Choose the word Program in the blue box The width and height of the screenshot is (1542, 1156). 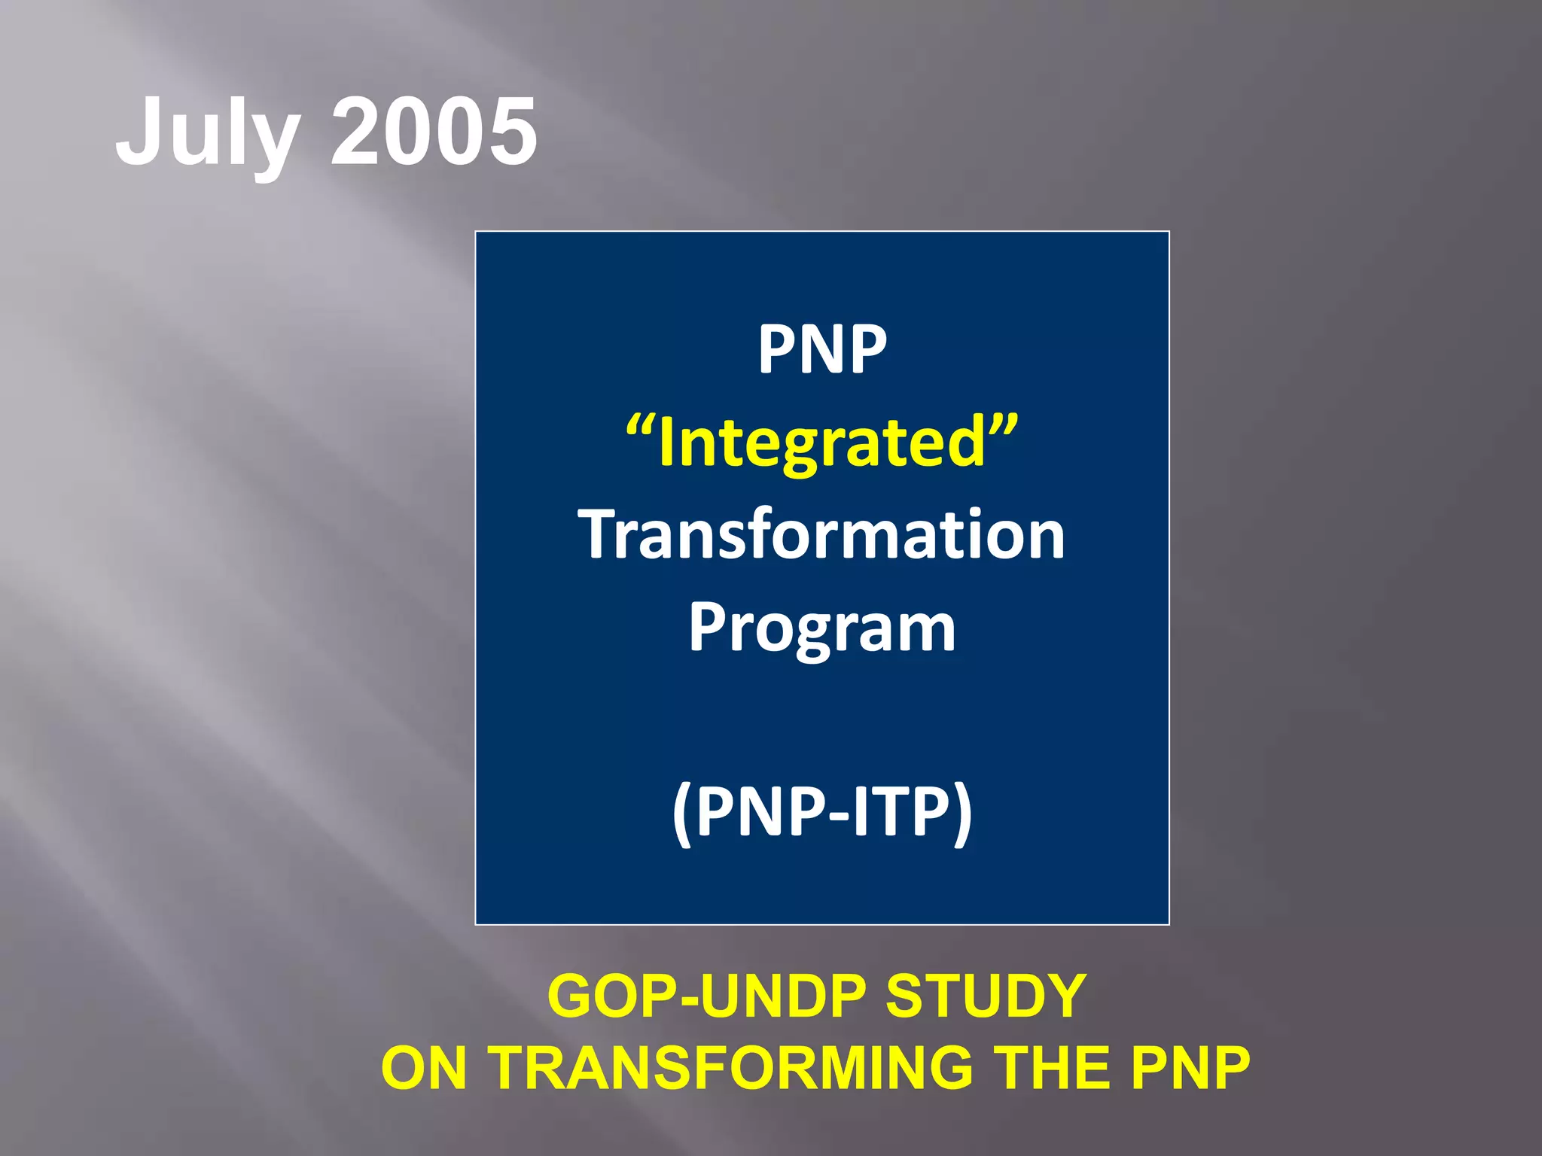click(822, 629)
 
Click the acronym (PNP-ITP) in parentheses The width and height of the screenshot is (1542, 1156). click(822, 813)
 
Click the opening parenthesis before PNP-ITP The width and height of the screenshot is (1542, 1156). click(682, 814)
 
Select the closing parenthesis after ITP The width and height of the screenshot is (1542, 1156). click(963, 814)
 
